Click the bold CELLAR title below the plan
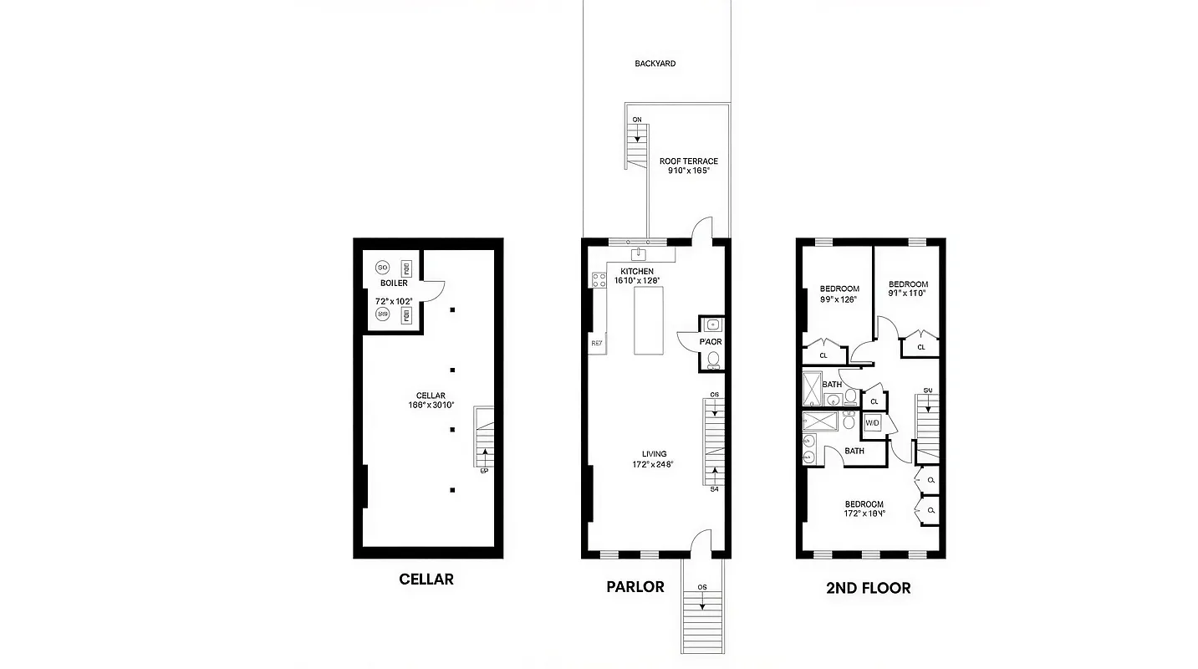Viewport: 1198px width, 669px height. pyautogui.click(x=426, y=579)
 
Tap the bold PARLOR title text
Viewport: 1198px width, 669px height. pyautogui.click(x=635, y=586)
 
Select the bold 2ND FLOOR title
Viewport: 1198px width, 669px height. pyautogui.click(x=868, y=588)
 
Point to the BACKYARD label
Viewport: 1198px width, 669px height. pyautogui.click(x=655, y=64)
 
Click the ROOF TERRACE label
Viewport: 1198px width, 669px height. pyautogui.click(x=688, y=161)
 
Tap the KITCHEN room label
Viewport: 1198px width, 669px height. pyautogui.click(x=637, y=272)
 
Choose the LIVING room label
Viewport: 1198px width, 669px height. pyautogui.click(x=654, y=454)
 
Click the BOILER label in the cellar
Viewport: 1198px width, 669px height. pyautogui.click(x=393, y=283)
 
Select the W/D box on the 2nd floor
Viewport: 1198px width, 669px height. pyautogui.click(x=873, y=423)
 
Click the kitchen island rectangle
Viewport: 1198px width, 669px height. pyautogui.click(x=648, y=320)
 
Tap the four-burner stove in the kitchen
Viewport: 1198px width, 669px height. pyautogui.click(x=599, y=280)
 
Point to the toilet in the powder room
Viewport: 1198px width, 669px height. pyautogui.click(x=713, y=360)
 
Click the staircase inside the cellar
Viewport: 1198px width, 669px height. pyautogui.click(x=484, y=437)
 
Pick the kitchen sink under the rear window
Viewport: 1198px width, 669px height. pyautogui.click(x=641, y=252)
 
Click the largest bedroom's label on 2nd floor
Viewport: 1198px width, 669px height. pyautogui.click(x=864, y=504)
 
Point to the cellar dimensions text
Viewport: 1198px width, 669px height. pyautogui.click(x=426, y=406)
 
